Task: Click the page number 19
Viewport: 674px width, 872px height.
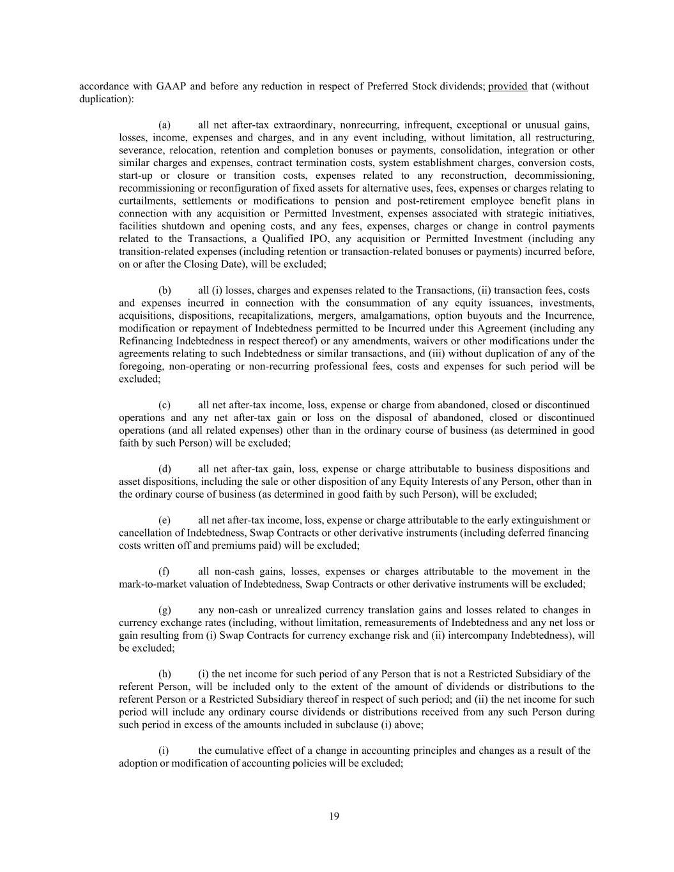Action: [334, 816]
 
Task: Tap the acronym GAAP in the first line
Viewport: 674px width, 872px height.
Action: [170, 86]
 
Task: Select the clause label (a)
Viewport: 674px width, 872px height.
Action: [164, 125]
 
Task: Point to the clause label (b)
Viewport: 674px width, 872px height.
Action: [164, 290]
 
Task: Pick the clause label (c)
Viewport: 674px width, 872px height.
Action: [164, 404]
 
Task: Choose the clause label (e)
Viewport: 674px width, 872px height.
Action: [164, 520]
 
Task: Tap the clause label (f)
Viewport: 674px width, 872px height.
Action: [164, 571]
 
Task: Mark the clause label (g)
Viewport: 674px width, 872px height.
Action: [164, 609]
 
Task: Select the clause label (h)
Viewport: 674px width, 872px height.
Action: [164, 673]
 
